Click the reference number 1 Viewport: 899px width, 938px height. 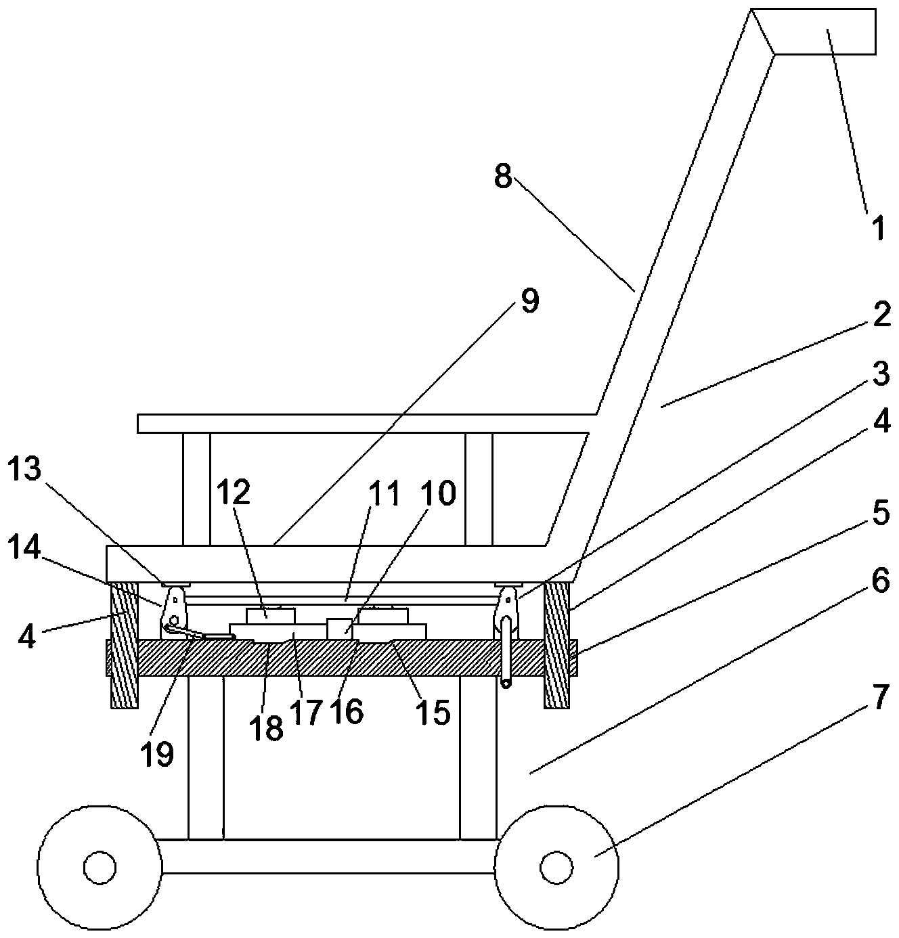point(878,228)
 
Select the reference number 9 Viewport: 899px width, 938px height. point(530,301)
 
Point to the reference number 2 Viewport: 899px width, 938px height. point(881,317)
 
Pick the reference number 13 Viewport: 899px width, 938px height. point(24,469)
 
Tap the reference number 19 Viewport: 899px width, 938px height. point(158,754)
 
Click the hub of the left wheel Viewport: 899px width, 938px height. point(99,866)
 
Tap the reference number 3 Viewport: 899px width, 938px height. point(880,374)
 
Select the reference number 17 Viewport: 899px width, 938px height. point(305,713)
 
